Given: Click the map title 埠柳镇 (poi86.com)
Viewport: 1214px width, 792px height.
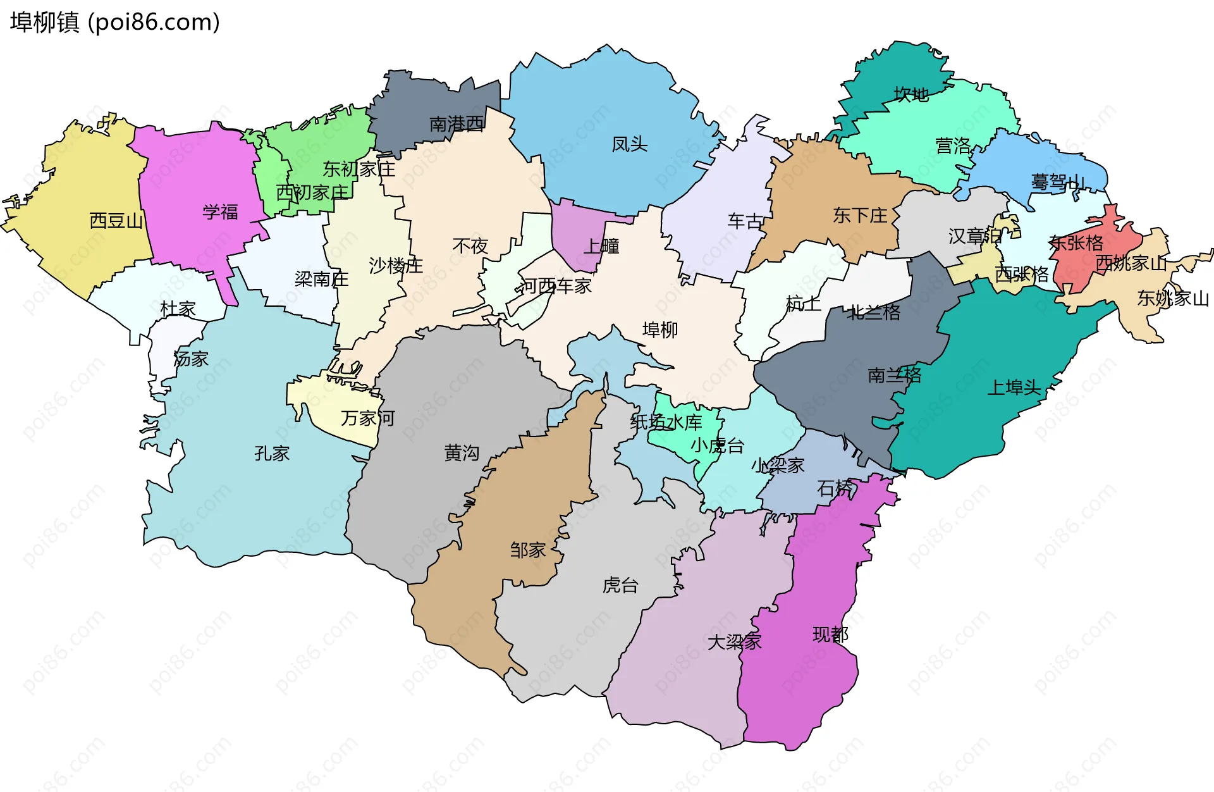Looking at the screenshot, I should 115,22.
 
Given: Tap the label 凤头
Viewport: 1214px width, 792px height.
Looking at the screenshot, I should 629,144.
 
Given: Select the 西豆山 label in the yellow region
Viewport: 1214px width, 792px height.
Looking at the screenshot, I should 116,221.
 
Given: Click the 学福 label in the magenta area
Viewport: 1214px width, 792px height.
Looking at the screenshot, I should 220,212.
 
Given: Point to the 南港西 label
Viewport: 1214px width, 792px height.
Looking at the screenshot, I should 457,124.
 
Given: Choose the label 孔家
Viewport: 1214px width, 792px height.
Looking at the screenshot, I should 272,454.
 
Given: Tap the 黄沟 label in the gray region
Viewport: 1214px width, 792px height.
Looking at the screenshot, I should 462,453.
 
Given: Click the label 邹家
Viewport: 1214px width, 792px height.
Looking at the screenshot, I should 528,550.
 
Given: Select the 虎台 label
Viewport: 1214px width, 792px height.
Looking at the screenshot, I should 620,585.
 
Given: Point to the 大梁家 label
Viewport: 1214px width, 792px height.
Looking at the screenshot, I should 734,642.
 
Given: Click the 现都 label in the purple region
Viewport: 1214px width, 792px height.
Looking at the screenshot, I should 830,634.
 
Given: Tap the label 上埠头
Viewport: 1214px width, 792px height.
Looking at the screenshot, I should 1014,388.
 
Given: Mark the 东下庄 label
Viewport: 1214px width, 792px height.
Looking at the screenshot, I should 860,216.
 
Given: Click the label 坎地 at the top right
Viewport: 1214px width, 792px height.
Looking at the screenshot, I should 911,95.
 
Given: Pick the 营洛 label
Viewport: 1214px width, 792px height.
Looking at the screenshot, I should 953,146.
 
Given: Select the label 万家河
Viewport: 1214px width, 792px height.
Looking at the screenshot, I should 368,418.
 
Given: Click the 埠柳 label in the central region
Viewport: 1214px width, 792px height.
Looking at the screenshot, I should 660,330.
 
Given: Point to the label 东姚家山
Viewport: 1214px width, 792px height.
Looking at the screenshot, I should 1173,298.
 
